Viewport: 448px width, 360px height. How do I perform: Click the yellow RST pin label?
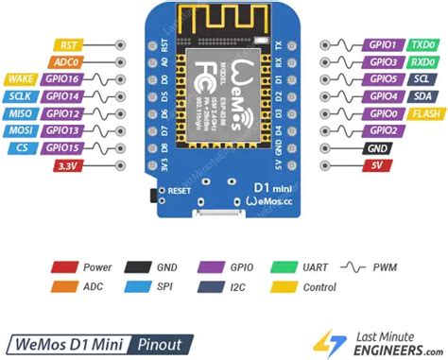click(x=67, y=44)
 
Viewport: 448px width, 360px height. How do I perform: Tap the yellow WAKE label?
click(x=21, y=78)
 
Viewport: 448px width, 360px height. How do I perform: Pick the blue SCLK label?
click(x=21, y=95)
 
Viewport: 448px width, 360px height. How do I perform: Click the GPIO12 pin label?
click(x=62, y=112)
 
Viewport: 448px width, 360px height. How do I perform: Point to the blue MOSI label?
click(x=21, y=129)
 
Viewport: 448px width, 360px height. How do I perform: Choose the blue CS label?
click(x=21, y=147)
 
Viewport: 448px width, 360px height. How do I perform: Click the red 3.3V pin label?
click(x=67, y=164)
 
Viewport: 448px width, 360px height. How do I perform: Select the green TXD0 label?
click(x=422, y=44)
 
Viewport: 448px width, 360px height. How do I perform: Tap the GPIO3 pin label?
click(x=382, y=61)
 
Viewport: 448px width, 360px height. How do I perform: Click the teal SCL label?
click(x=422, y=78)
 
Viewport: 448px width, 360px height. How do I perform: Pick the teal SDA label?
click(x=422, y=95)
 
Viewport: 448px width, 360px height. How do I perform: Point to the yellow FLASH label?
click(x=424, y=112)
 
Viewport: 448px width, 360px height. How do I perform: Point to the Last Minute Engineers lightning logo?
click(x=323, y=342)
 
